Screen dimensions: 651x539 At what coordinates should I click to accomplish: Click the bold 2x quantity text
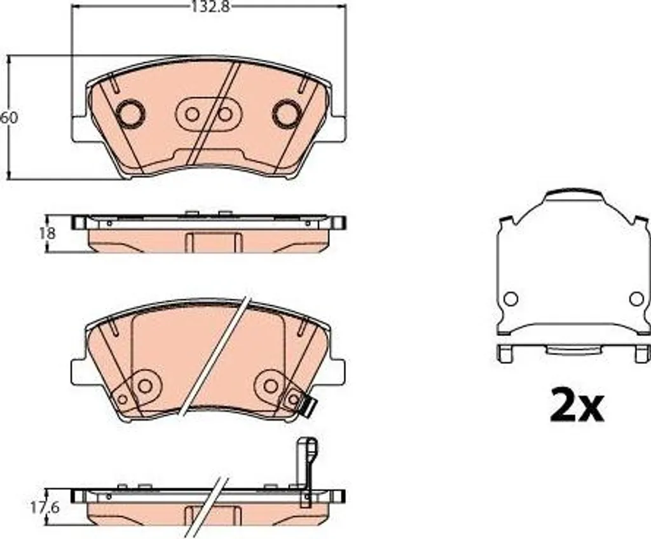[576, 405]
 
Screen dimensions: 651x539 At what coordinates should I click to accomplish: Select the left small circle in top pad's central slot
[192, 114]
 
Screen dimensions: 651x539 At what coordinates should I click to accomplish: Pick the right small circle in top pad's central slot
[225, 114]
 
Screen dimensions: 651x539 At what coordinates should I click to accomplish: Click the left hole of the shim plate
[511, 299]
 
